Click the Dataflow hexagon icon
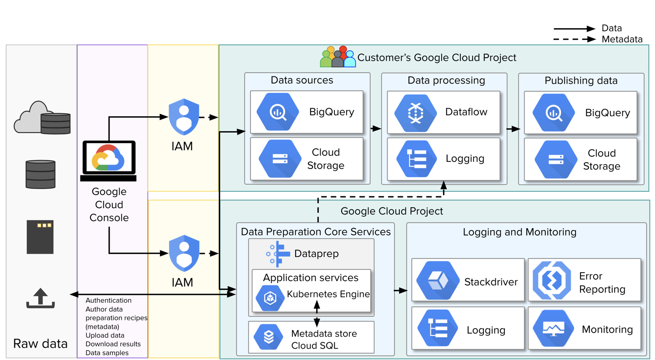coord(415,112)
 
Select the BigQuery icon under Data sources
coord(277,112)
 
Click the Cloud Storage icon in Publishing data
coord(556,160)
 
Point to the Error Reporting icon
coord(552,280)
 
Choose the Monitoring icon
coord(554,328)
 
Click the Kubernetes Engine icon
coord(270,298)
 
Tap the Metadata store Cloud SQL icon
coord(269,337)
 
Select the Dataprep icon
coord(278,254)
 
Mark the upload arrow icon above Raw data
coord(40,298)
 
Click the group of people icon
coord(338,57)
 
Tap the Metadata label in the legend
coord(622,39)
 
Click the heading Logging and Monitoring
coord(519,232)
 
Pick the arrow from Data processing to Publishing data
coord(513,129)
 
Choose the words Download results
coord(113,344)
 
